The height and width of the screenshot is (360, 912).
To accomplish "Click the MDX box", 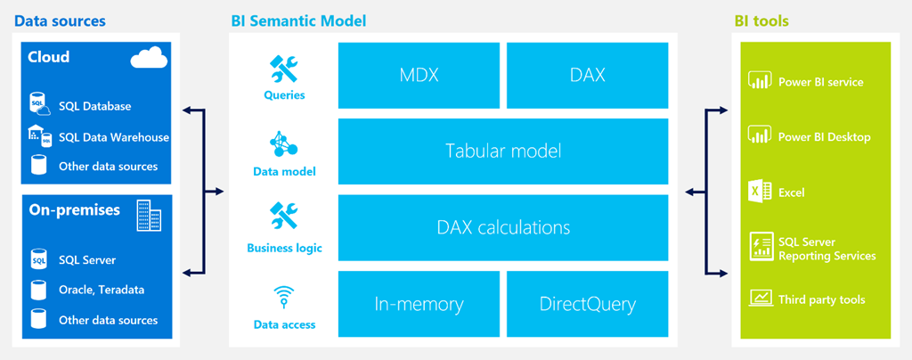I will pos(419,75).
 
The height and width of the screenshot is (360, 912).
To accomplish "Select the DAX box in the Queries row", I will pos(587,75).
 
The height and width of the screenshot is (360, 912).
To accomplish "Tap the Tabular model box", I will pos(503,151).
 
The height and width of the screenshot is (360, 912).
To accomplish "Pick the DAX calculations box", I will pos(503,227).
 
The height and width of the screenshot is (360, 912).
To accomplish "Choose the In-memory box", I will pos(419,304).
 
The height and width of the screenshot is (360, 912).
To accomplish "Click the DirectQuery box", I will pos(587,304).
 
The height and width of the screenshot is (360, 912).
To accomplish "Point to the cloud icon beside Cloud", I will pos(149,59).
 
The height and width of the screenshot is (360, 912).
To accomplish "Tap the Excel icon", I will pos(760,192).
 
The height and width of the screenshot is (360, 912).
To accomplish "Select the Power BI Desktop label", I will pos(824,137).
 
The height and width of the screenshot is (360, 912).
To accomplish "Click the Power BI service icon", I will pos(760,82).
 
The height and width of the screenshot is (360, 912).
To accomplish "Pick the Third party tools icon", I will pos(760,299).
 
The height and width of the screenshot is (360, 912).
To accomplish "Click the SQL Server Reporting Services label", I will pos(826,249).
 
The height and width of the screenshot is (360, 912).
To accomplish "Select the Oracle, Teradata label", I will pos(102,290).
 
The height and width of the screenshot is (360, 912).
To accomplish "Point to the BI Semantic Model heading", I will pos(297,20).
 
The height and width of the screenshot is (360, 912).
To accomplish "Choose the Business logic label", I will pos(284,249).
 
